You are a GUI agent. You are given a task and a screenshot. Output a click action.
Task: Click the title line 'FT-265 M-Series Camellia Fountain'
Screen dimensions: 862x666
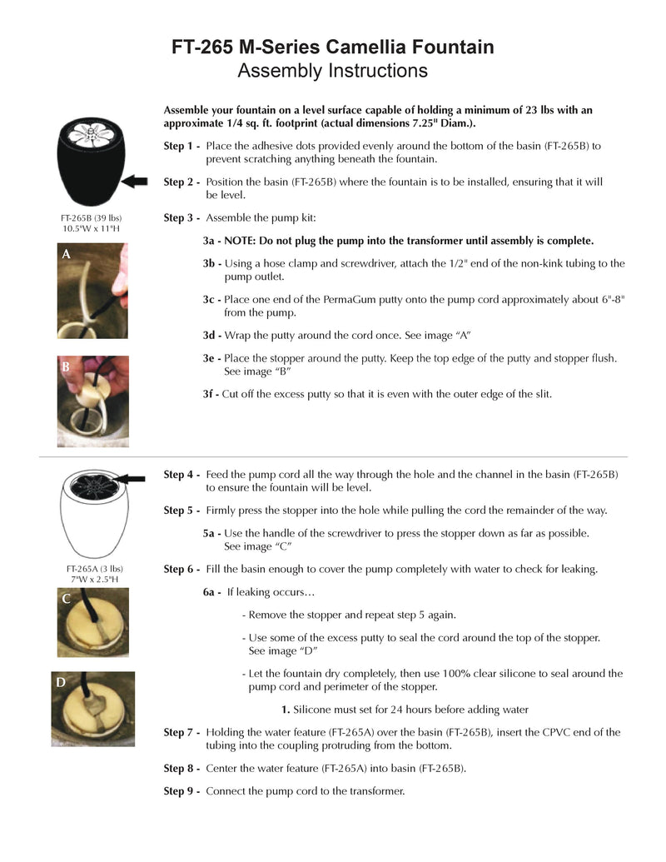[x=332, y=47]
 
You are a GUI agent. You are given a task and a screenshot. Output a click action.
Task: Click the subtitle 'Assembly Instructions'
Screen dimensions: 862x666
[x=332, y=71]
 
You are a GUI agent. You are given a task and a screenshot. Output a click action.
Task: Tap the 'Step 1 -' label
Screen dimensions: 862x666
[x=181, y=146]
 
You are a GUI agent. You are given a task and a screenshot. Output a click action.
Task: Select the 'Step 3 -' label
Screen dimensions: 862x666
[x=181, y=218]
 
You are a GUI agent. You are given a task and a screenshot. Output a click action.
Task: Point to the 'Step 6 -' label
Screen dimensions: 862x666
[x=181, y=569]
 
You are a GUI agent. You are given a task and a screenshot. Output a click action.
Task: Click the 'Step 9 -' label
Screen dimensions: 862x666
[x=181, y=790]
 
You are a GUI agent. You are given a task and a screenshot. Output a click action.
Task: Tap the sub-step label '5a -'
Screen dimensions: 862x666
[x=212, y=533]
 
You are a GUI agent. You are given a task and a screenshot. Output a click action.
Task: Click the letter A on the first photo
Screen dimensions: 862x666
[x=65, y=257]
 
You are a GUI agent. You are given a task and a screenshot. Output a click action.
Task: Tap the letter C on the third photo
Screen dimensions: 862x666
[x=64, y=599]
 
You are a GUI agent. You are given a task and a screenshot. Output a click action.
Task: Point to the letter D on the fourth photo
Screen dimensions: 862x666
[x=61, y=682]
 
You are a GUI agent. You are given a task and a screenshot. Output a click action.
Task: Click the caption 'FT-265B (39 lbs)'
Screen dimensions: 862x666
[x=91, y=218]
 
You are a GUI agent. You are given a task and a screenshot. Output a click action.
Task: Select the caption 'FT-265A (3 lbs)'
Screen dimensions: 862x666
[x=91, y=569]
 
